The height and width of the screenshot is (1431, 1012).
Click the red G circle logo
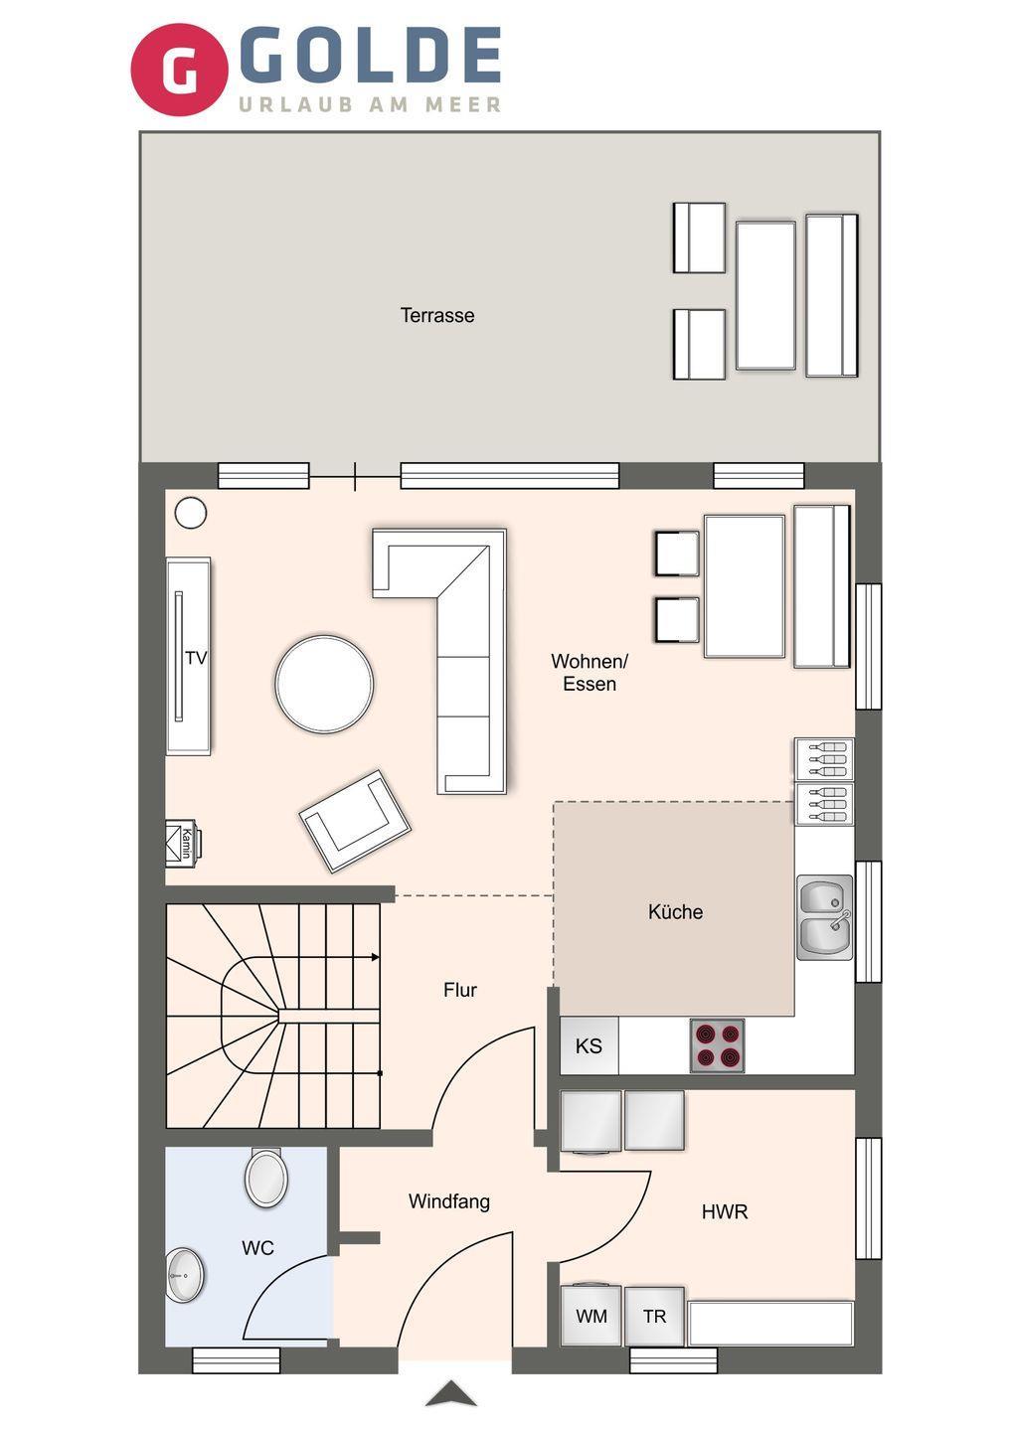[179, 69]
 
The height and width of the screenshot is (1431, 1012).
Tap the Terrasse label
[437, 316]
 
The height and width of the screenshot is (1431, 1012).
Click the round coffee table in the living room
[324, 684]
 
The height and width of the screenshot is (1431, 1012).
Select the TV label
[196, 658]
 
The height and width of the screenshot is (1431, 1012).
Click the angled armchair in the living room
[355, 821]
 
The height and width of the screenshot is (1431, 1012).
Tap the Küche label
[675, 911]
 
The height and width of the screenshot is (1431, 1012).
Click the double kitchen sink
[824, 917]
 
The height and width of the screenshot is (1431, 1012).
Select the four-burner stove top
[717, 1045]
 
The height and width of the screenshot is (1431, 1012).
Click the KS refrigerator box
[590, 1046]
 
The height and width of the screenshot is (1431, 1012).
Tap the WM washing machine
[590, 1317]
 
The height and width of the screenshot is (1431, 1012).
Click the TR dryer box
[654, 1317]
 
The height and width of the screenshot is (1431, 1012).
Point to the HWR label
[725, 1212]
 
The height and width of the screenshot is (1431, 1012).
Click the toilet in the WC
[266, 1178]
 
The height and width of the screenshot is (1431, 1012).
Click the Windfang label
[449, 1201]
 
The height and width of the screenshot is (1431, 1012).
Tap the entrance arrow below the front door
[451, 1394]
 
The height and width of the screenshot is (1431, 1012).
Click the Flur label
[460, 990]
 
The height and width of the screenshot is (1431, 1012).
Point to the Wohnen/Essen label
[590, 672]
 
